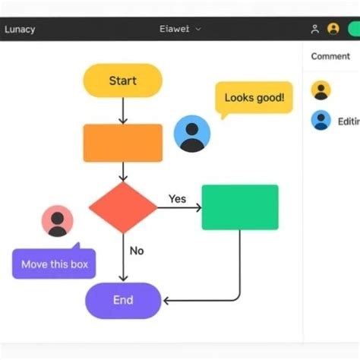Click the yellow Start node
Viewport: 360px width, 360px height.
122,81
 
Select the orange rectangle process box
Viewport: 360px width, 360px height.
122,143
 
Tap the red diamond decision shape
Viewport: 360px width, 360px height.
122,207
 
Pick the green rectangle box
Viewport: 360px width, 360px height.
240,207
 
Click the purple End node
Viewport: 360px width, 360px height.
123,300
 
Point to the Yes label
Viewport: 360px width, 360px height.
177,199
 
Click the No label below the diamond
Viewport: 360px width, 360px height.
137,251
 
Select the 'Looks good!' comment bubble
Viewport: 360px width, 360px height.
254,98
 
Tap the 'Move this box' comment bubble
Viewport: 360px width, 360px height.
54,264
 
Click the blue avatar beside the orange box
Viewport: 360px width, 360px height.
192,134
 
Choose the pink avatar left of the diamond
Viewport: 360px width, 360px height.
57,221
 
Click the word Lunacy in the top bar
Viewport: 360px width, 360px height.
20,30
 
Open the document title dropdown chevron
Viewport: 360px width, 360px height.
199,30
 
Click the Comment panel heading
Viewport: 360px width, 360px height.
330,56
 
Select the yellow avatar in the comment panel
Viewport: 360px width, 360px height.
321,90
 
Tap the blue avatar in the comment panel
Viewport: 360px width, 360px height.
321,120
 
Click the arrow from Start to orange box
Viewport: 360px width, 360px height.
122,110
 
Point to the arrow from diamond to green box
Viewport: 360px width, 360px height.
179,207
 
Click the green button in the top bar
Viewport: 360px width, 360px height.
353,29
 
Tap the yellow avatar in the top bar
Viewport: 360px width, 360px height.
333,29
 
